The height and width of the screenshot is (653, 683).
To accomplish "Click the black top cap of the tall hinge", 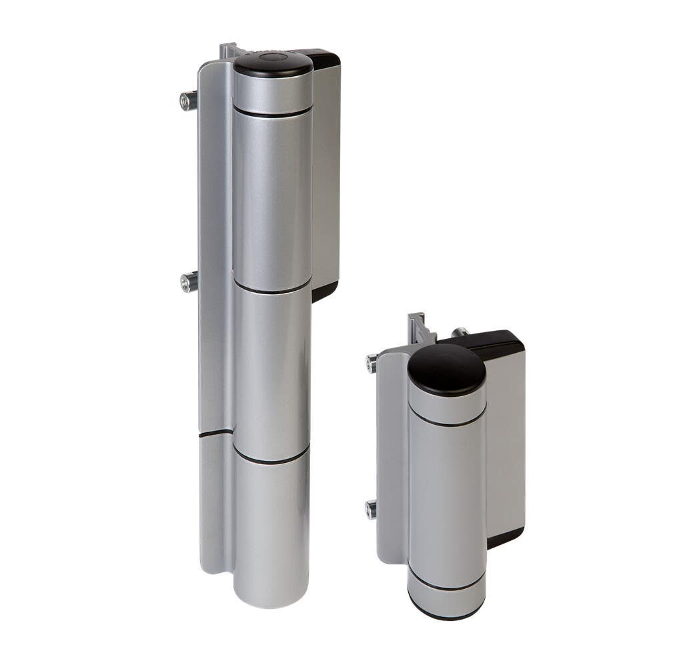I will tap(273, 63).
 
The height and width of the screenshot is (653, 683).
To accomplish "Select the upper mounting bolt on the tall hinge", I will tap(187, 101).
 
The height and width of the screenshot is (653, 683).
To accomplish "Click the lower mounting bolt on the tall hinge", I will tap(189, 282).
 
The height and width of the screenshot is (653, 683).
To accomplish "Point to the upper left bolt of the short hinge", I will tap(372, 364).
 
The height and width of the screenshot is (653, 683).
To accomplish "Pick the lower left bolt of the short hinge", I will tap(371, 510).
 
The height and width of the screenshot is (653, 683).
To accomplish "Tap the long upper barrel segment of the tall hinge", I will tap(272, 200).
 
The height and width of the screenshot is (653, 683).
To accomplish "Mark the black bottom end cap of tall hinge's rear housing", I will tap(324, 291).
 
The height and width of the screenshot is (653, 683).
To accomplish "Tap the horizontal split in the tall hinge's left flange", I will tap(215, 434).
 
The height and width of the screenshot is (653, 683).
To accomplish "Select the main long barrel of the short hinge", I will tap(446, 500).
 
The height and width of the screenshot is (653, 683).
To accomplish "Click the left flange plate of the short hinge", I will tap(392, 460).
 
